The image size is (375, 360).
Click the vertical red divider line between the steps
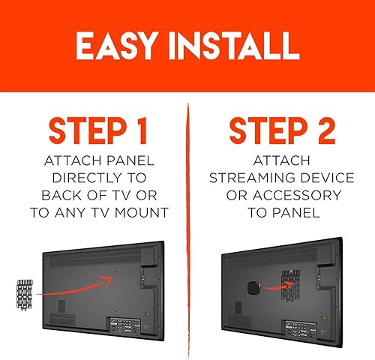(188, 225)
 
